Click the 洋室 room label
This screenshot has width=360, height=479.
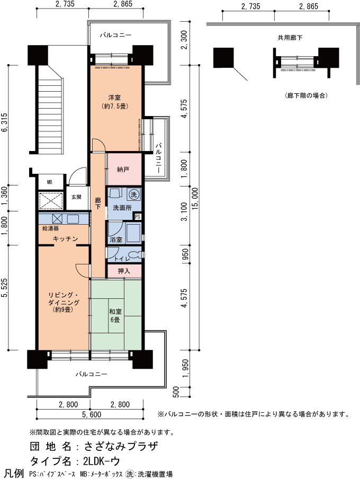[114, 97]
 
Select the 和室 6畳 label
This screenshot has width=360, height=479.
[115, 316]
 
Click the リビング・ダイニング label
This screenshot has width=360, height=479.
[64, 299]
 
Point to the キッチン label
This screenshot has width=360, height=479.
[65, 239]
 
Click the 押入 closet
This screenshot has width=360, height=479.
[124, 271]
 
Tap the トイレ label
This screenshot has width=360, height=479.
[122, 259]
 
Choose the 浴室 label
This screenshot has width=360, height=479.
[116, 240]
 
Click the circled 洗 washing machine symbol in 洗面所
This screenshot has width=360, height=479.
[133, 194]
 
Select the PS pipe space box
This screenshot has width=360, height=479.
[138, 217]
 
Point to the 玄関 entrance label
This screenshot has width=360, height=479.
[76, 197]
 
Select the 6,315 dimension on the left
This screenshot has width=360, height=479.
[5, 123]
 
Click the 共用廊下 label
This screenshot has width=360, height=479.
[290, 38]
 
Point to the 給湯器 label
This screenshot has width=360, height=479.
[50, 228]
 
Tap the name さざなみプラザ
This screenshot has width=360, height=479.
[121, 447]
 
